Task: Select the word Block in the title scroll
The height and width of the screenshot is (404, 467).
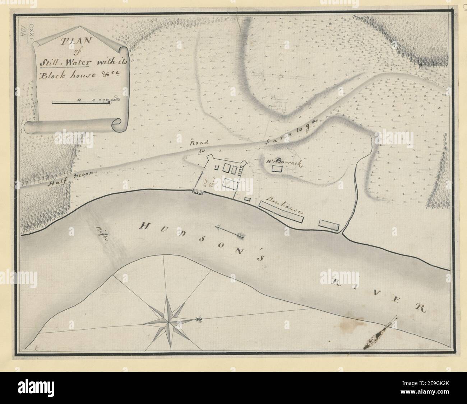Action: (x=51, y=75)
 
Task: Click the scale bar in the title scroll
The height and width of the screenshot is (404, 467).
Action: (x=81, y=103)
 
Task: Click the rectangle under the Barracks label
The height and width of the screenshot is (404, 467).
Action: (x=277, y=169)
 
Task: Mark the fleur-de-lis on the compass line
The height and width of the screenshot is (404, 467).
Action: (x=198, y=318)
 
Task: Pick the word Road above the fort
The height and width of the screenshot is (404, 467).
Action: (x=196, y=143)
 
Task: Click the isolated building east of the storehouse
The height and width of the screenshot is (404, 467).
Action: (x=329, y=225)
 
